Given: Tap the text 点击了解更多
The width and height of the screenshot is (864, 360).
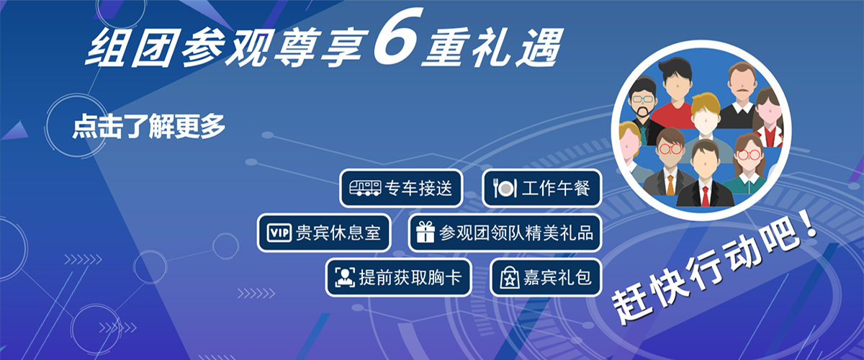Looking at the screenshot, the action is [x=148, y=126].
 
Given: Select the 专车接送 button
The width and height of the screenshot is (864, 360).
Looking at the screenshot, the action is [x=401, y=189].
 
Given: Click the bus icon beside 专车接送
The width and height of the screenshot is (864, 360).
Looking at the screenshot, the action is [x=365, y=188].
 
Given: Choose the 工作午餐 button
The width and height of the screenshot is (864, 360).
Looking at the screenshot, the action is [x=542, y=189].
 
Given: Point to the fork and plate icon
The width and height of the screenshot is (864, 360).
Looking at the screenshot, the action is [x=505, y=189].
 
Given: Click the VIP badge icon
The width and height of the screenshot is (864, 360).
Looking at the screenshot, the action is [x=279, y=233].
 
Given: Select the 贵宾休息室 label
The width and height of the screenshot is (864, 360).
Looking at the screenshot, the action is [x=338, y=233].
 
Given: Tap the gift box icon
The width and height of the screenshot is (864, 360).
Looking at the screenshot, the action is [x=426, y=232].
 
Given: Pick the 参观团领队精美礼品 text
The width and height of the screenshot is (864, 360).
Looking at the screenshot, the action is [x=516, y=233].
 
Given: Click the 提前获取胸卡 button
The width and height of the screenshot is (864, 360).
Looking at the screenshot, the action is [x=398, y=277].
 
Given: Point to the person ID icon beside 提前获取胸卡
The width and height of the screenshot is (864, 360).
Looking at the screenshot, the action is [x=344, y=277].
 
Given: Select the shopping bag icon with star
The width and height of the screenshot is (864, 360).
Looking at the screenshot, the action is [x=510, y=277].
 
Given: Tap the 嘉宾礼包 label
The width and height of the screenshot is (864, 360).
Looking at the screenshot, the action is [x=557, y=277].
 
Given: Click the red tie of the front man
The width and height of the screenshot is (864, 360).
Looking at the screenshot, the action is [x=706, y=196].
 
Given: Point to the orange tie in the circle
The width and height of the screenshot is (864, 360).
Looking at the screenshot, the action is [x=670, y=185].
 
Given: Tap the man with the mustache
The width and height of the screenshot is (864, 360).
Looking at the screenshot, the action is [x=742, y=94].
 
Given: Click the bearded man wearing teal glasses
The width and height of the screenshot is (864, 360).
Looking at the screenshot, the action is [x=642, y=105].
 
